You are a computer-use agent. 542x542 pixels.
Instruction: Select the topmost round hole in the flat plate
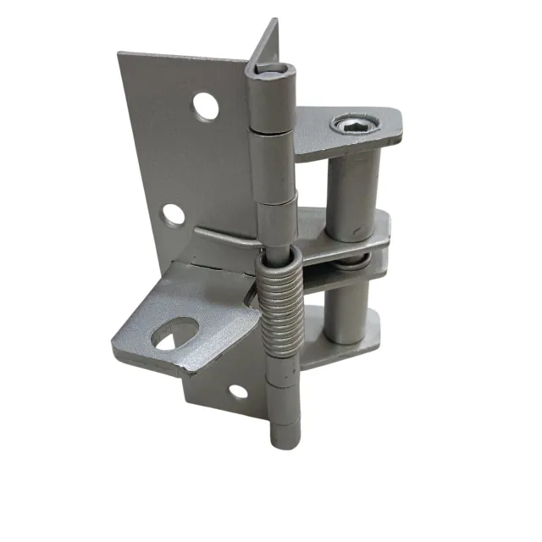point(203,105)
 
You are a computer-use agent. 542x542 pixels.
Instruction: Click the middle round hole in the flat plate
point(173,214)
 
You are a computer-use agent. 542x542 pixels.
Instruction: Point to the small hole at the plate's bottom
point(240,390)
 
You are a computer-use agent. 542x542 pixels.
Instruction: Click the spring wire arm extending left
point(222,233)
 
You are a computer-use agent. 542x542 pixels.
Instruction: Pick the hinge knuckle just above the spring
point(277,220)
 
